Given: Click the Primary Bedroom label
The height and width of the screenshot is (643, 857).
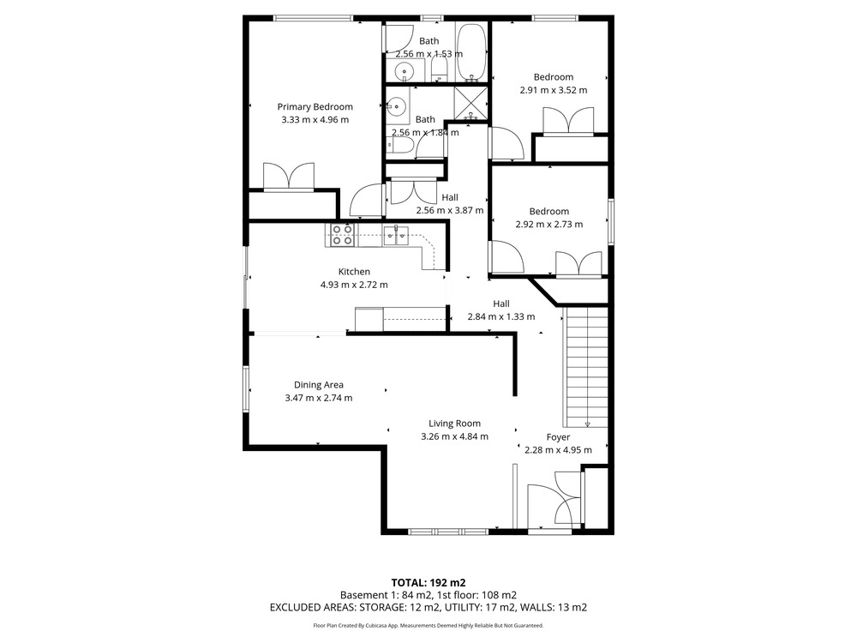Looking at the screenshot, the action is click(x=315, y=106).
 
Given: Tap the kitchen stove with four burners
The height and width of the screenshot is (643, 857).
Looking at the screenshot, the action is click(x=342, y=235).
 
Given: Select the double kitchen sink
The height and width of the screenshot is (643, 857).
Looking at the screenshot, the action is click(x=395, y=235).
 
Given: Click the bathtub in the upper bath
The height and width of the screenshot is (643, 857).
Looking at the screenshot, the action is click(x=471, y=52).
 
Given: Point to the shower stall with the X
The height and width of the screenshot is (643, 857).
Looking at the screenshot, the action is click(x=470, y=104).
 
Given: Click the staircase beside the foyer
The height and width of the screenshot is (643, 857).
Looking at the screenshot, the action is click(x=585, y=367).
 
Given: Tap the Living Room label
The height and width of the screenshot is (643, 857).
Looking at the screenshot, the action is click(x=455, y=424).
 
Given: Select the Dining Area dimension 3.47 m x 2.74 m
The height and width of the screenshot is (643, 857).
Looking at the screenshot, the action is click(x=319, y=398).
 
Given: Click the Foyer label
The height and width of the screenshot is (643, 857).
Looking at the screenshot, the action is click(x=558, y=437).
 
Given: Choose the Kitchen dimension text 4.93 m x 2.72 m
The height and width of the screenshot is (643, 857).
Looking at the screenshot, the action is click(x=354, y=285).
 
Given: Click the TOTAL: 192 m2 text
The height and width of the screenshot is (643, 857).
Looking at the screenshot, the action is click(x=428, y=583).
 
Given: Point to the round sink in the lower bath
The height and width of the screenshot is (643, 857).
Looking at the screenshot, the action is click(x=397, y=106).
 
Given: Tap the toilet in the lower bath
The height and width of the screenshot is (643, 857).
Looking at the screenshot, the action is click(x=400, y=146).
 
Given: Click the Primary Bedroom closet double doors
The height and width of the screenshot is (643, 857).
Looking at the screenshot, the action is click(x=289, y=177).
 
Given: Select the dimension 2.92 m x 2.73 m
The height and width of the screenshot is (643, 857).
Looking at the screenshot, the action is click(x=549, y=224).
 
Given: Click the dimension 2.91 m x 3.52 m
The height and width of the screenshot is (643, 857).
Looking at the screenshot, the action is click(x=554, y=90).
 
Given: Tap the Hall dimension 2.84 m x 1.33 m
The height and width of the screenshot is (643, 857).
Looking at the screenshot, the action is click(x=501, y=316).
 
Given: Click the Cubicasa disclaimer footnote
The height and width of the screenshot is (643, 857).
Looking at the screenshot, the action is click(x=428, y=626).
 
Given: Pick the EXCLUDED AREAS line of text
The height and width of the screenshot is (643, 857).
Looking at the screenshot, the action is click(x=428, y=608).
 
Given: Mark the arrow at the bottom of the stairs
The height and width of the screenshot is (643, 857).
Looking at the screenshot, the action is click(x=588, y=423).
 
